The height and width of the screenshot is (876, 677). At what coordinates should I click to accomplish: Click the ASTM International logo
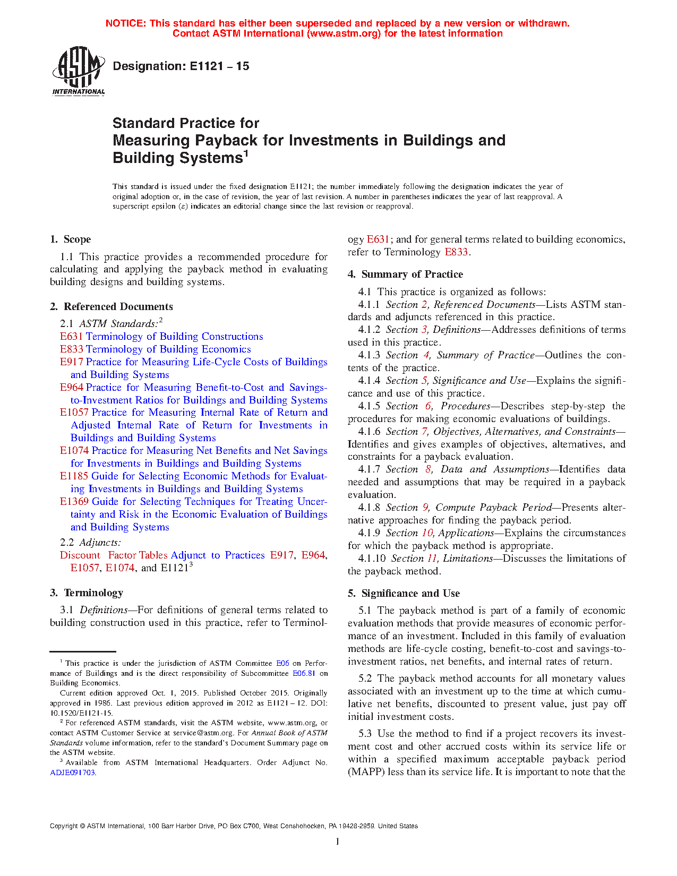click(78, 71)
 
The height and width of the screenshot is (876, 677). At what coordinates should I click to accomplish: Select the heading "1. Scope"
click(71, 239)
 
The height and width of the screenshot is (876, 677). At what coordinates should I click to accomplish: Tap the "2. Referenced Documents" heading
click(112, 306)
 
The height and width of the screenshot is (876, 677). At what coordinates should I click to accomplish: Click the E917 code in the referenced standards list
click(72, 362)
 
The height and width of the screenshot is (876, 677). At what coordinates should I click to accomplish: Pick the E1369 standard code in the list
click(75, 502)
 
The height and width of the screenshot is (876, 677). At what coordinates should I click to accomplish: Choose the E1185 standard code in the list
click(74, 476)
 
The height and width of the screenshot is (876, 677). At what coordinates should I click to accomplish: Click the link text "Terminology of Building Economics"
click(168, 349)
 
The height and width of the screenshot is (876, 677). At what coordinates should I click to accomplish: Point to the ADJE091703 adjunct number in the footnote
click(73, 772)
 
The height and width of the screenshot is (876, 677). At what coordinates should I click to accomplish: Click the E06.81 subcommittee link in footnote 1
click(304, 673)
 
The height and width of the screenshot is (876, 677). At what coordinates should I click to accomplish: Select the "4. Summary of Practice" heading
click(406, 274)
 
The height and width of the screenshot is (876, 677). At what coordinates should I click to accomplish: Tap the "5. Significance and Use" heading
click(404, 594)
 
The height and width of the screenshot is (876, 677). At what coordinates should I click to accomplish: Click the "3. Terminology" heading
click(87, 593)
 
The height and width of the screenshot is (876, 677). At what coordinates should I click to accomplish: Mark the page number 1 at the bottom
click(338, 841)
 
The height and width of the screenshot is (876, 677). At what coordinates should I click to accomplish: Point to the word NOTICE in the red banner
click(126, 23)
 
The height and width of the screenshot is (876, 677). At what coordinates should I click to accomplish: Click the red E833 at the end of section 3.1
click(456, 252)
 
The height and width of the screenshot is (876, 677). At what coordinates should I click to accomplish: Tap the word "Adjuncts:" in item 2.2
click(100, 543)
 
